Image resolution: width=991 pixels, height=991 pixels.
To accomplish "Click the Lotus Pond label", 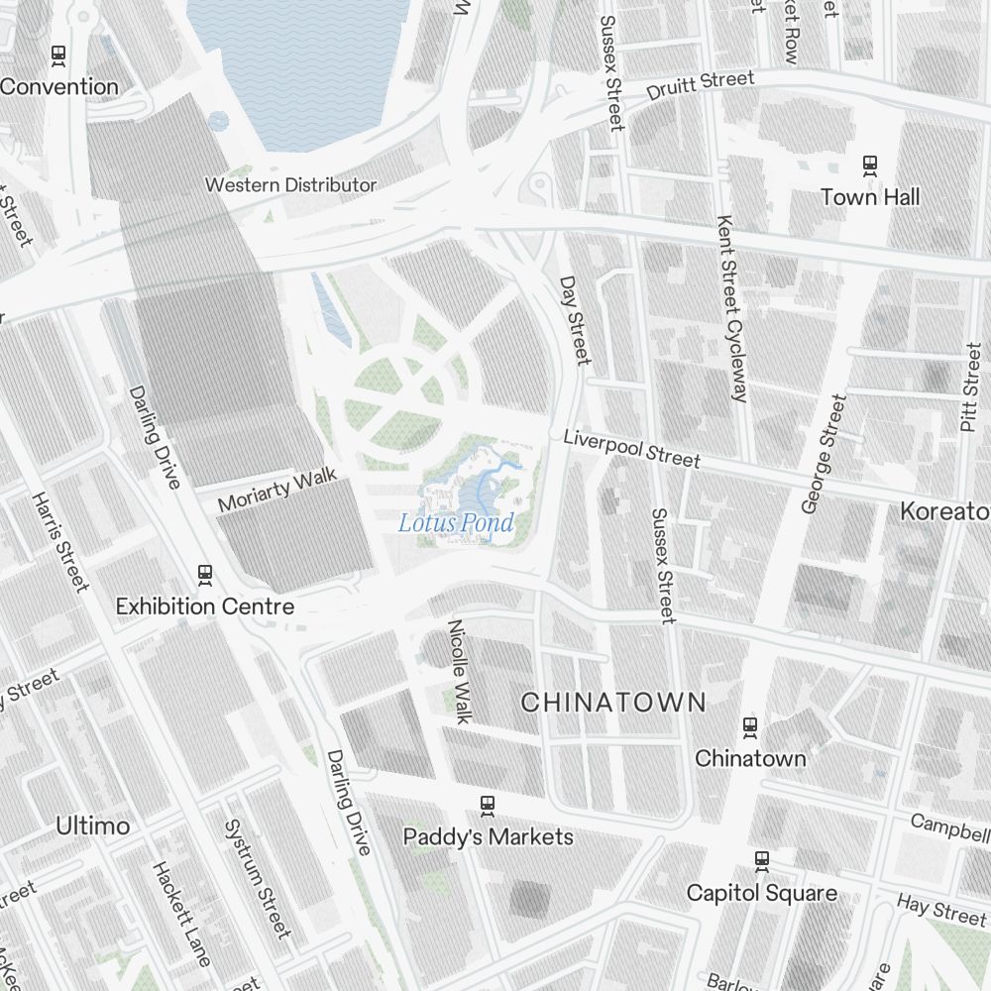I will [x=456, y=522].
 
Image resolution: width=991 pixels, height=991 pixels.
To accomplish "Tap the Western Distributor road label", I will [x=290, y=185].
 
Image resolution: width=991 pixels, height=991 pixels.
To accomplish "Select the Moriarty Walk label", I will [x=277, y=490].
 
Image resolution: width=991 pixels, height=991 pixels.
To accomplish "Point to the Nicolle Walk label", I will [x=459, y=672].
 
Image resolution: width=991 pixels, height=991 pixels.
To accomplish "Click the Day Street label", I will [x=574, y=320].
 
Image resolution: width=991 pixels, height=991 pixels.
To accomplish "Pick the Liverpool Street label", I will [x=631, y=448].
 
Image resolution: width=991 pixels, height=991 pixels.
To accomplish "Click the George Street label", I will [x=825, y=454].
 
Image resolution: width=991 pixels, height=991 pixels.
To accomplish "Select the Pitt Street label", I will [x=970, y=386].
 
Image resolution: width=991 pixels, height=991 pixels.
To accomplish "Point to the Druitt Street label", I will [x=701, y=85].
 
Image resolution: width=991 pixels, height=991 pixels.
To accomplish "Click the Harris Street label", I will [x=60, y=541].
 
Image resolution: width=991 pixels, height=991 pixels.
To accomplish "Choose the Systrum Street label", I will [x=258, y=878].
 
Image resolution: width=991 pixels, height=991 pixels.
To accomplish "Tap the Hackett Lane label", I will [x=181, y=913].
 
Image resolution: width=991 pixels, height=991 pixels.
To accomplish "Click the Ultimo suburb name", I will [x=92, y=826].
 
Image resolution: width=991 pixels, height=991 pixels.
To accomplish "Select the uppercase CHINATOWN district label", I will [x=613, y=703].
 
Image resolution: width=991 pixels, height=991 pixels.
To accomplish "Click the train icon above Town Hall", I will [x=870, y=165].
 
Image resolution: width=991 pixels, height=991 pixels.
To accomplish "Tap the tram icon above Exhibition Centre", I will [x=205, y=574].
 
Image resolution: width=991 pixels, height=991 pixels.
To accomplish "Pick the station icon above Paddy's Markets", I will [x=487, y=805].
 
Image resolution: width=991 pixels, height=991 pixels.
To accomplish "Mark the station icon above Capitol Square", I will [x=761, y=861].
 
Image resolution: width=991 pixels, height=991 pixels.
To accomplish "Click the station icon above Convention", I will [x=58, y=55].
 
